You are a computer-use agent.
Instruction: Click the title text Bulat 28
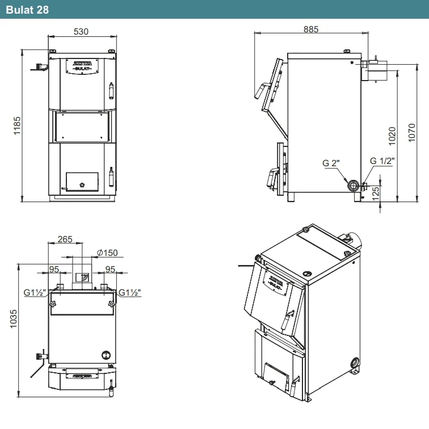point(27,10)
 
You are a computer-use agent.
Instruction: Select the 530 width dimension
point(81,32)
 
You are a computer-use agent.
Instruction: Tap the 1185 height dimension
point(17,125)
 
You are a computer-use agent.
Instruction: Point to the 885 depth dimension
point(311,30)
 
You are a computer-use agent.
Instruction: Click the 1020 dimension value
point(392,136)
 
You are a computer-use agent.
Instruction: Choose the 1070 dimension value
point(411,133)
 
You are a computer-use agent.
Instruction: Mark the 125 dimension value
point(376,193)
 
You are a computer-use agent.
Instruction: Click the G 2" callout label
point(331,163)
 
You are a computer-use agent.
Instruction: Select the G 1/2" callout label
point(382,161)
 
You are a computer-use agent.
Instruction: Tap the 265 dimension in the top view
point(65,239)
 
